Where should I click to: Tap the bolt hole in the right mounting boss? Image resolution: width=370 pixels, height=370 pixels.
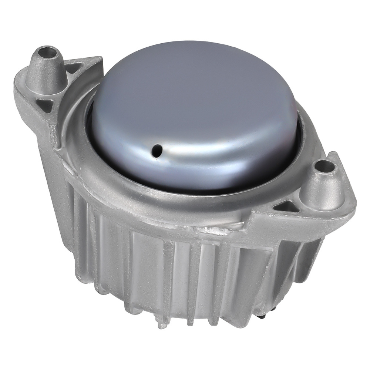click(324, 166)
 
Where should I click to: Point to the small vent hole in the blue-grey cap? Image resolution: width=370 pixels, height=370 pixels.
click(157, 150)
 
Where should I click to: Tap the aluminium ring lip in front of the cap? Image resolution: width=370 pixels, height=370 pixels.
click(185, 209)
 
